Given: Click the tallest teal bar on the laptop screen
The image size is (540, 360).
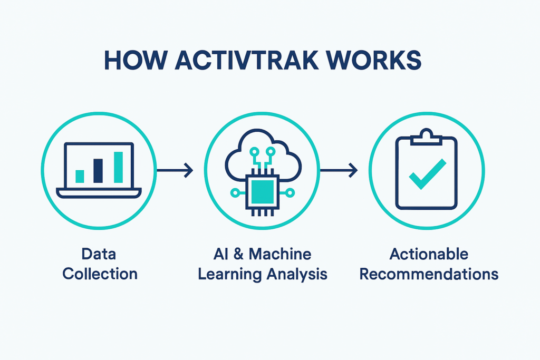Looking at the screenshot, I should pos(118,167).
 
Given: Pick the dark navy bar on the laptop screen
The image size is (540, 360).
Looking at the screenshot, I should pos(98,170).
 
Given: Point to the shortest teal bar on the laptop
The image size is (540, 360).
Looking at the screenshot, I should pos(80,176).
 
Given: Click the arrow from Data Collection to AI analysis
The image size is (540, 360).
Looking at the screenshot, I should pos(176,170).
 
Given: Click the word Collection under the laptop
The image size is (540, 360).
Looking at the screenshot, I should pos(100,274).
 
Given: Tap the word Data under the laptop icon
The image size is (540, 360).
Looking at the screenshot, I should pos(99,254).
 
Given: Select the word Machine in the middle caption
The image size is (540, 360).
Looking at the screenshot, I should pos(279,254).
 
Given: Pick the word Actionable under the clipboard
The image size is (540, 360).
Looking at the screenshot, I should pos(429,254).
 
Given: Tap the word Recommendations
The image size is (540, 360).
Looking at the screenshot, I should pos(429,274).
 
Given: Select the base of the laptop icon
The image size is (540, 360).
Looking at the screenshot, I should pos(99,194).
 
